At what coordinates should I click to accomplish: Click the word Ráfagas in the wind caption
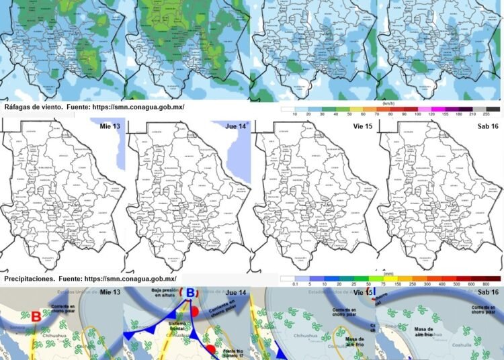point(18,107)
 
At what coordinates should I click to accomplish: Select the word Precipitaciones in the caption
point(30,278)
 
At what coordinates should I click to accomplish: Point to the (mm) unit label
point(388,273)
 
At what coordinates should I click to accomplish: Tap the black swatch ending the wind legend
point(493,109)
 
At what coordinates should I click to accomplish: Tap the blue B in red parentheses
point(191,294)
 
